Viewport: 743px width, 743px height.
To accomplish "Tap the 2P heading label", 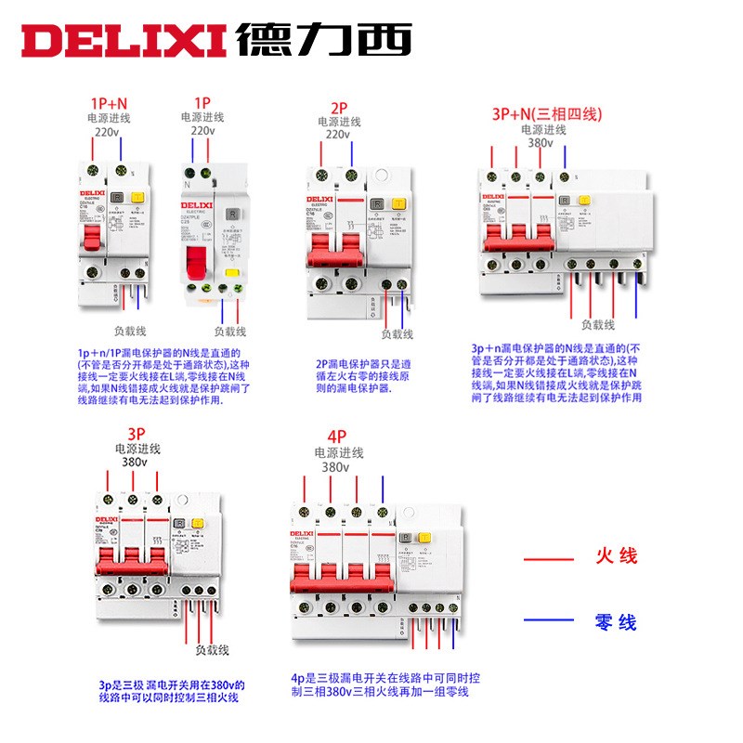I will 340,107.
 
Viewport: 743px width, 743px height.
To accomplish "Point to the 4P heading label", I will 336,437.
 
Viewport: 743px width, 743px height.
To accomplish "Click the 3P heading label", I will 137,434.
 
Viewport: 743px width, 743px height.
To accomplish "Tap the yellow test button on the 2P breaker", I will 398,204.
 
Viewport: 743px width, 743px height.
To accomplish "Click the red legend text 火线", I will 616,556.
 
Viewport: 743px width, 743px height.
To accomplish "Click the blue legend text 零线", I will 616,621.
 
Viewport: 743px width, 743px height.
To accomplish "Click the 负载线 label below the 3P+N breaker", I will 598,325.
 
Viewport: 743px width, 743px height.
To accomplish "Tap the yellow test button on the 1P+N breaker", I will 137,198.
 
